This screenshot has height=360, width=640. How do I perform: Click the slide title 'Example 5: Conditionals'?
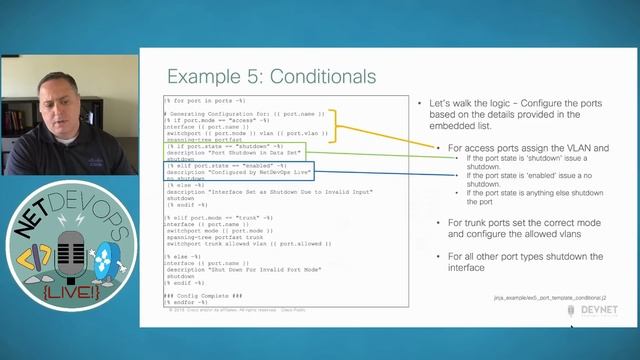click(x=271, y=77)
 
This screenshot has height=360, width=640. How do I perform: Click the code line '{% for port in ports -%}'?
click(x=203, y=101)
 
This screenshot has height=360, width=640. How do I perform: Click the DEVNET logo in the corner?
click(x=593, y=313)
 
